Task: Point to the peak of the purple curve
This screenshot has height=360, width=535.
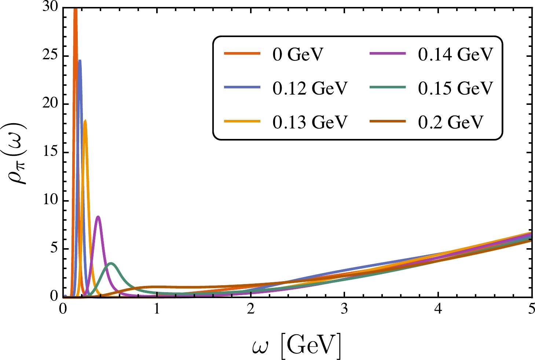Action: pos(98,217)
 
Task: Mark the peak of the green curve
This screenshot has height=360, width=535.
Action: pos(111,263)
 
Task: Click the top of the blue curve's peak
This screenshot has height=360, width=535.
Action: pos(80,60)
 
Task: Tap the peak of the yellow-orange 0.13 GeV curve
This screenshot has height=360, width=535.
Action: pos(85,120)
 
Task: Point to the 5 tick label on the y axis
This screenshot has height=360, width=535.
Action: pos(54,249)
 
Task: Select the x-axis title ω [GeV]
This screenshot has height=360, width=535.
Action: pos(297,344)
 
